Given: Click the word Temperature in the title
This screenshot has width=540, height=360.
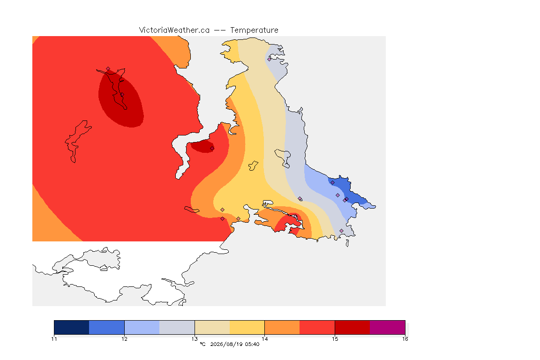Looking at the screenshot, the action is tap(254, 30).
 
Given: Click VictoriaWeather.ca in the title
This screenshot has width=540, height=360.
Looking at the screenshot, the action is tap(174, 30).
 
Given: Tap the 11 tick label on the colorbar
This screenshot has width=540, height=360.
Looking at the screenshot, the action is tap(54, 339).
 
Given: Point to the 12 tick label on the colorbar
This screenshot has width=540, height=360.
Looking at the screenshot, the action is tap(124, 339).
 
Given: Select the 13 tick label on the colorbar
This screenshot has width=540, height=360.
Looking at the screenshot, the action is tap(195, 339).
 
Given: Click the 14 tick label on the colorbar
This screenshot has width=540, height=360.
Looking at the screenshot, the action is tap(264, 339).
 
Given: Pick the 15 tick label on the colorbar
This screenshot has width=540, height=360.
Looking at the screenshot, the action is tap(335, 339).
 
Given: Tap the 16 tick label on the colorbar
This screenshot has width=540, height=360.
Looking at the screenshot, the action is tap(405, 339).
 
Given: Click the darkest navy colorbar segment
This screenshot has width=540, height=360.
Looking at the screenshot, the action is tap(72, 327).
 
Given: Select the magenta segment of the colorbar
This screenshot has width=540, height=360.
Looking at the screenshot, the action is tap(388, 327).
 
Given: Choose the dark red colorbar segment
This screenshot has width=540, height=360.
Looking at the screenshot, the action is tap(352, 327).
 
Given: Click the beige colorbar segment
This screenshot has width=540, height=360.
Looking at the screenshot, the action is tap(212, 327).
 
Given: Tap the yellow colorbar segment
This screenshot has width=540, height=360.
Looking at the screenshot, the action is tap(247, 327).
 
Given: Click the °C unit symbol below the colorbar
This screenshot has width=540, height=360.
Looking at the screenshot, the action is tap(202, 344).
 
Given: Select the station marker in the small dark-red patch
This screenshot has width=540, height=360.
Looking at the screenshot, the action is tap(212, 149).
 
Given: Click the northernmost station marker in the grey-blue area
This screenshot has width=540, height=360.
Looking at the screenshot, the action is tap(269, 59).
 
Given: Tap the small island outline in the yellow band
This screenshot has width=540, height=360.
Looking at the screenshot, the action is tap(253, 166).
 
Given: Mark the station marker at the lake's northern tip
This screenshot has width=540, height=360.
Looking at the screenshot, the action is tap(108, 69).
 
